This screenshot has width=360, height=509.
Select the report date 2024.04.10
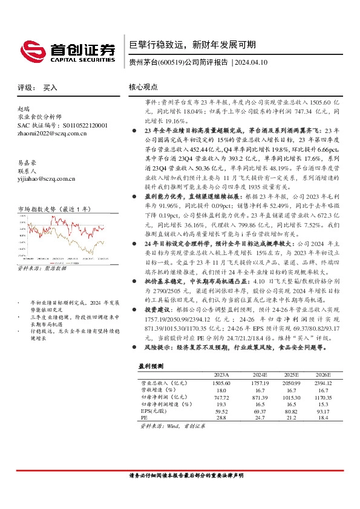pos(251,62)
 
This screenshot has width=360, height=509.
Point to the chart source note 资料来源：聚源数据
pos(42,268)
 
